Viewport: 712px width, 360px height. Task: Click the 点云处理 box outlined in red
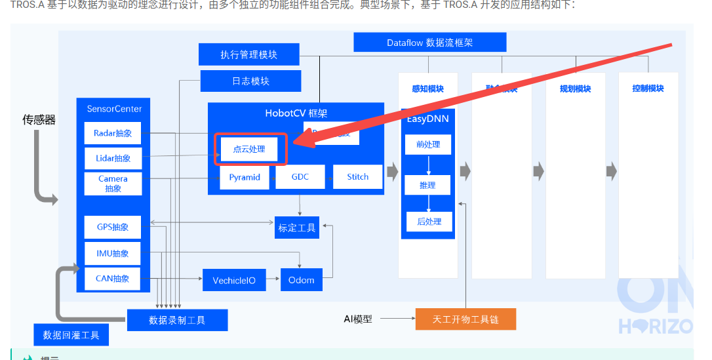coord(250,150)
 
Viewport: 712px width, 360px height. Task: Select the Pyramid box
coord(245,177)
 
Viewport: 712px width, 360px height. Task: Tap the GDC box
coord(300,177)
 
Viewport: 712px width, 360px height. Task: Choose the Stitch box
coord(357,177)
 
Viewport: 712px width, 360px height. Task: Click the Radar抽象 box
coord(113,133)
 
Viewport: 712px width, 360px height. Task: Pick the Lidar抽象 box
coord(113,158)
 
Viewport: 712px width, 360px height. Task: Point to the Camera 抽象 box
coord(113,183)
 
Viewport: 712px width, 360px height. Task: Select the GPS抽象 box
coord(113,227)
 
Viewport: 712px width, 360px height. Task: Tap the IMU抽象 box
coord(113,253)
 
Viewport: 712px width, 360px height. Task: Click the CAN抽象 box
coord(113,278)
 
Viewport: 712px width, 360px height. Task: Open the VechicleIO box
coord(234,280)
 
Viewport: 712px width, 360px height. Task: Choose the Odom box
coord(302,280)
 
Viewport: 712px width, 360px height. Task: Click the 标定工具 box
coord(297,228)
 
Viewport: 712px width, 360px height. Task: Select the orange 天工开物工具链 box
coord(465,319)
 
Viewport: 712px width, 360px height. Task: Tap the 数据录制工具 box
coord(177,320)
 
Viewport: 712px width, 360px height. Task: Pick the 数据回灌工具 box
coord(71,335)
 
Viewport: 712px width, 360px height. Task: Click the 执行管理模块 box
coord(249,54)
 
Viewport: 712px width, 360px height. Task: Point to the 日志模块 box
coord(250,81)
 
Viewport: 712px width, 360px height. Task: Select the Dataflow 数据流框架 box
coord(429,43)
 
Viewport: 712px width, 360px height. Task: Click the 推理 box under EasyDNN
coord(427,186)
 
